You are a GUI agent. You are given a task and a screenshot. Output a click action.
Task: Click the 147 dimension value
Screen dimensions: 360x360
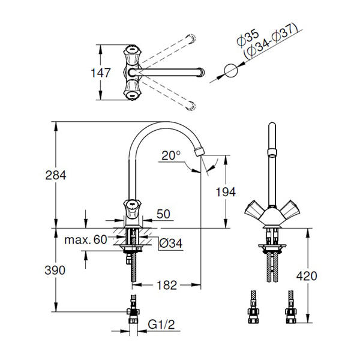click(101, 73)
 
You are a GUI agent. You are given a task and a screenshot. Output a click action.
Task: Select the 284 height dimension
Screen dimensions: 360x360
click(56, 175)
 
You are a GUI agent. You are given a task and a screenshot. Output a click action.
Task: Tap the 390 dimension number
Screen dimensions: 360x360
click(55, 270)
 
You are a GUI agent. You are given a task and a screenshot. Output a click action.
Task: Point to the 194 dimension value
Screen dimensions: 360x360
click(226, 192)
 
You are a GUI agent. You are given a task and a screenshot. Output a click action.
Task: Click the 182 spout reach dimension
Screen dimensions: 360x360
click(167, 286)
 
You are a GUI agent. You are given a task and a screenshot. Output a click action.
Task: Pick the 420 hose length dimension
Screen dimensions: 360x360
click(307, 276)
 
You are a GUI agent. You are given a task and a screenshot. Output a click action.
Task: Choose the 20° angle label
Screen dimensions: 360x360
click(171, 155)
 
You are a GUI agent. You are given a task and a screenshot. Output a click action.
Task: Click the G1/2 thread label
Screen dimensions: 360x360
click(161, 325)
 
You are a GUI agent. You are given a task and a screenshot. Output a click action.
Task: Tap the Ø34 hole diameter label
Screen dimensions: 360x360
click(171, 244)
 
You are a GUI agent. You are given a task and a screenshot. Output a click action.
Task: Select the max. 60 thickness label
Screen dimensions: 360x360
click(86, 240)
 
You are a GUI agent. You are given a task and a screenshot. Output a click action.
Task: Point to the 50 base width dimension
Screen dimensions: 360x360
click(163, 214)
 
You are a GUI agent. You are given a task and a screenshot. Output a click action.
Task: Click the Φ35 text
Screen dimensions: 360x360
click(248, 39)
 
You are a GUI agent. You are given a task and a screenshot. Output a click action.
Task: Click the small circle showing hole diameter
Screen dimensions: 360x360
click(231, 71)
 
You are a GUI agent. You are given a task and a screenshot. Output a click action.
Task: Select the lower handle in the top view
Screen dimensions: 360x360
click(132, 89)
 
